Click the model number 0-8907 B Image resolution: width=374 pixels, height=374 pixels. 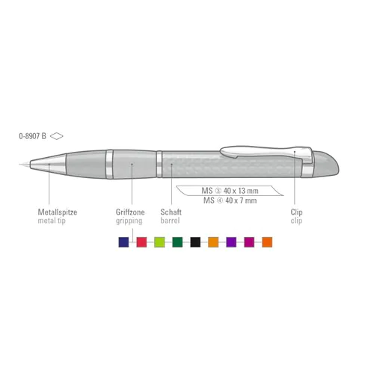pyautogui.click(x=32, y=136)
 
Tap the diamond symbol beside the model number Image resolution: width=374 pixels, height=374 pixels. pyautogui.click(x=57, y=136)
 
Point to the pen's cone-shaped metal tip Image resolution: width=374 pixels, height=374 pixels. pyautogui.click(x=46, y=164)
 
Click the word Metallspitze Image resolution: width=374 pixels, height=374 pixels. pyautogui.click(x=58, y=212)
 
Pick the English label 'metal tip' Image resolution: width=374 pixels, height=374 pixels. pyautogui.click(x=52, y=221)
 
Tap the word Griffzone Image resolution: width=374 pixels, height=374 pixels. pyautogui.click(x=130, y=212)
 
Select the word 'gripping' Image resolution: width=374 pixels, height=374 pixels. pyautogui.click(x=129, y=221)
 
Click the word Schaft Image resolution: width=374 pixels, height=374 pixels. pyautogui.click(x=171, y=212)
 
